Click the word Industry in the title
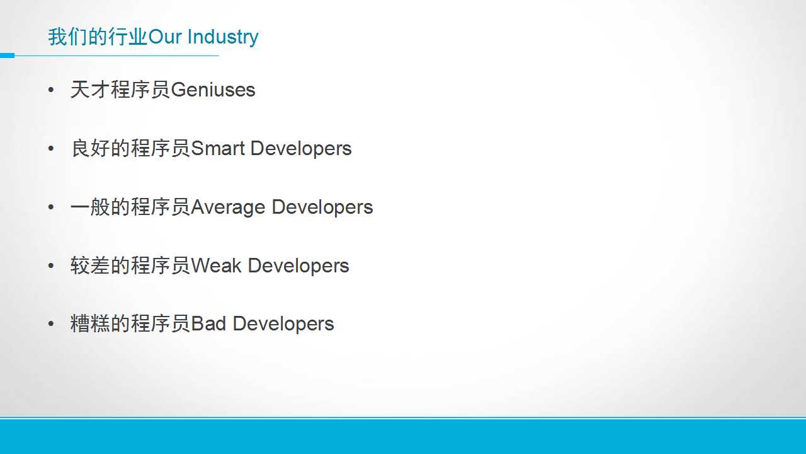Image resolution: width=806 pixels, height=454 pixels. [223, 37]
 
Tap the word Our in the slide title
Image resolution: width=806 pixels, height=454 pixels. [165, 37]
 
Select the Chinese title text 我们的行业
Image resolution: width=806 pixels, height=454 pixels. [98, 37]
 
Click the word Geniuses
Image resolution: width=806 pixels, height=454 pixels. [213, 90]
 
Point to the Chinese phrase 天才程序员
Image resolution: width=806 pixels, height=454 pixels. [120, 90]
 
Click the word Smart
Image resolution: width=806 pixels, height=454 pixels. [218, 148]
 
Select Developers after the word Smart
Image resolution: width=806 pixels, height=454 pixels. [301, 149]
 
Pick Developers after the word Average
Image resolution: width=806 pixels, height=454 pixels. [322, 208]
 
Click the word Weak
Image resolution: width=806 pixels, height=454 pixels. [216, 266]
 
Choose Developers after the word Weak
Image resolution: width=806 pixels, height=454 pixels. [298, 267]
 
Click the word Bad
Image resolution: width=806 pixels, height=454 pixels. [208, 323]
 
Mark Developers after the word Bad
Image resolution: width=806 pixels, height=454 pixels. [283, 324]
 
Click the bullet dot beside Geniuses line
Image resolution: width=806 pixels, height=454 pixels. [51, 90]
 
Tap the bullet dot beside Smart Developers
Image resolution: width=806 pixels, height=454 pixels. [51, 148]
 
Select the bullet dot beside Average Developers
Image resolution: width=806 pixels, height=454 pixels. [51, 207]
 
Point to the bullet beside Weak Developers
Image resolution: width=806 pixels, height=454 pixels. [51, 266]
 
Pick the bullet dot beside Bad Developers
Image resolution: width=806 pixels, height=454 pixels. [51, 324]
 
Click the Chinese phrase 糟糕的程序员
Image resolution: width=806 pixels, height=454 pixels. [130, 323]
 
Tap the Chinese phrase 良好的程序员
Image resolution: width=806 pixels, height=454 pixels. [130, 148]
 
